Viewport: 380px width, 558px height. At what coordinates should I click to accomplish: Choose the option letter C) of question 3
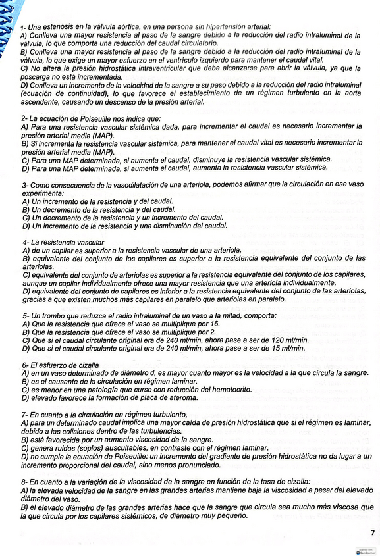tap(26, 218)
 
